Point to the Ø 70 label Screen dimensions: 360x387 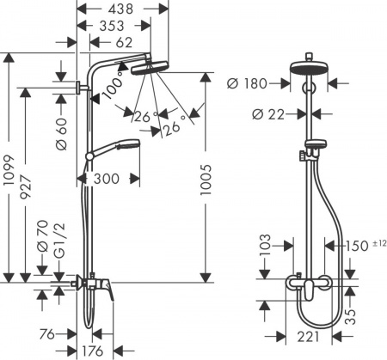point(41,229)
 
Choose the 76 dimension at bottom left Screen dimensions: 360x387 point(49,334)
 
